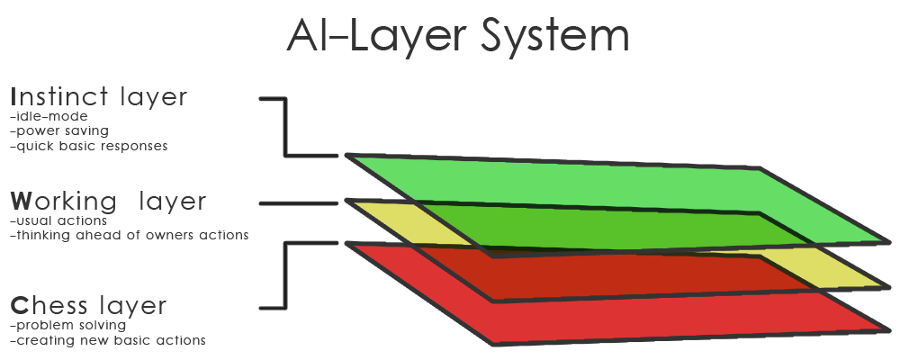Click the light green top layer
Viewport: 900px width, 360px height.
[576, 184]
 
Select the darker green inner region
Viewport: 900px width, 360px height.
[612, 229]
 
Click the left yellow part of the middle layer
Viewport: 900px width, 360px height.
[405, 225]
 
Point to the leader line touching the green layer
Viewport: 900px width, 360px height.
[310, 157]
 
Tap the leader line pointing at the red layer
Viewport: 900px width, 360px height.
[310, 243]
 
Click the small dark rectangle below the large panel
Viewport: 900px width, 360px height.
[107, 334]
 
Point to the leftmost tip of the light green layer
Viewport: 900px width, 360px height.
[355, 158]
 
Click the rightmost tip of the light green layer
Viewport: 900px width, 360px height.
[880, 240]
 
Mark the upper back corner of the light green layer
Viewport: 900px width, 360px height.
[758, 171]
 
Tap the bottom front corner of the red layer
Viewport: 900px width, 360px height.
[495, 342]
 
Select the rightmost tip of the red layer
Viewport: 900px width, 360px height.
[880, 328]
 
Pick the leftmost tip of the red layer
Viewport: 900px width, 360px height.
[355, 246]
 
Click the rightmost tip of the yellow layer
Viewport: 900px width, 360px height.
[880, 284]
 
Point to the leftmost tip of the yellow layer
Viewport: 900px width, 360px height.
[355, 203]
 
